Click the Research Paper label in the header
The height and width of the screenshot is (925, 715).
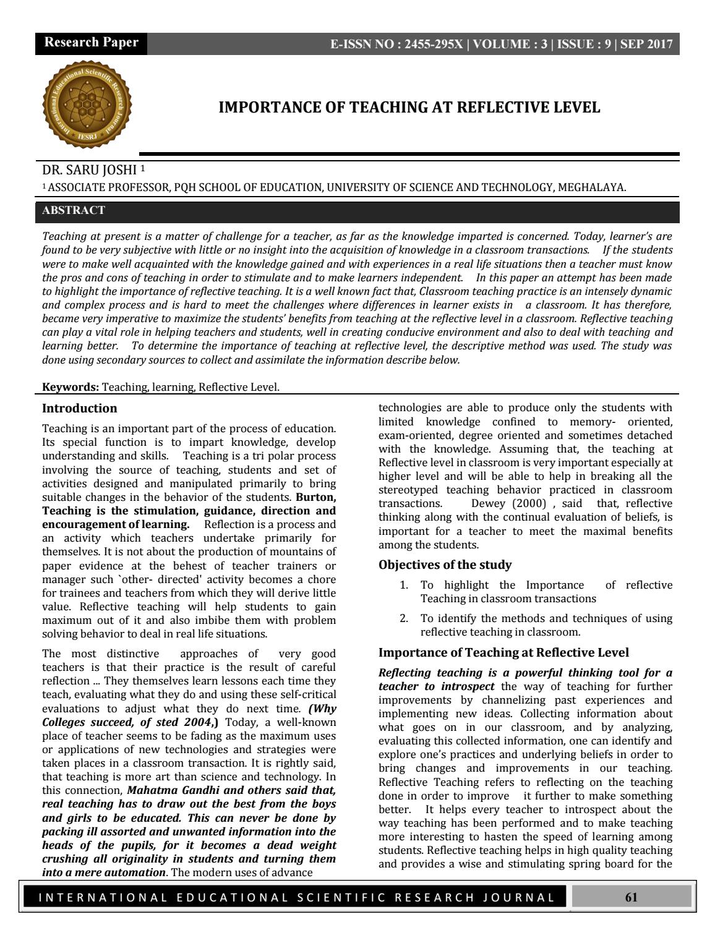pyautogui.click(x=91, y=43)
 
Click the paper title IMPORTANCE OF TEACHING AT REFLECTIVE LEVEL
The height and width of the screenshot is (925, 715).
pyautogui.click(x=409, y=108)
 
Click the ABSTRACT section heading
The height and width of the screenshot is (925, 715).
pyautogui.click(x=74, y=210)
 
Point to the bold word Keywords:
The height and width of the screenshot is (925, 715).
pyautogui.click(x=70, y=388)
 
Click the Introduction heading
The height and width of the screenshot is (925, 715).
pyautogui.click(x=79, y=408)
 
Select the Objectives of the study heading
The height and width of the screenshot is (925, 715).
pyautogui.click(x=445, y=565)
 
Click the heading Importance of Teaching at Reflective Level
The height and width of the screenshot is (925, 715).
pyautogui.click(x=503, y=652)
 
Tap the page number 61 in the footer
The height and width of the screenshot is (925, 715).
pyautogui.click(x=631, y=897)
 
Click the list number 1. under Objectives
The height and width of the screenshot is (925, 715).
pyautogui.click(x=404, y=585)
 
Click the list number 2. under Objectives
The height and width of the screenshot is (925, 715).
pyautogui.click(x=404, y=618)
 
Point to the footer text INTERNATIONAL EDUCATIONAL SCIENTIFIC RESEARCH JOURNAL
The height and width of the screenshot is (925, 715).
pyautogui.click(x=297, y=898)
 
